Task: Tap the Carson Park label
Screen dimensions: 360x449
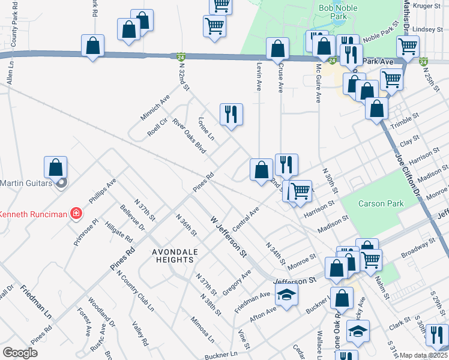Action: point(381,203)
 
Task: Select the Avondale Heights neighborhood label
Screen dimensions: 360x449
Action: point(164,256)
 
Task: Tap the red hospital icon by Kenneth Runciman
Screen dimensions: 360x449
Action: point(76,213)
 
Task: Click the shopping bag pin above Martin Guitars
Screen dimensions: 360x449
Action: point(55,168)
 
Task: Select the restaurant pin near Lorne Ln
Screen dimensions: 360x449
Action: point(231,114)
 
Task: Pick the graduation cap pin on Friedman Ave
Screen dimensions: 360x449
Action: point(287,295)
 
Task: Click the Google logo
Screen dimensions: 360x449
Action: point(20,353)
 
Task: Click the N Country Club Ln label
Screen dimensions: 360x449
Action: point(135,292)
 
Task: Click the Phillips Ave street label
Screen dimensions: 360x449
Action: point(101,191)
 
